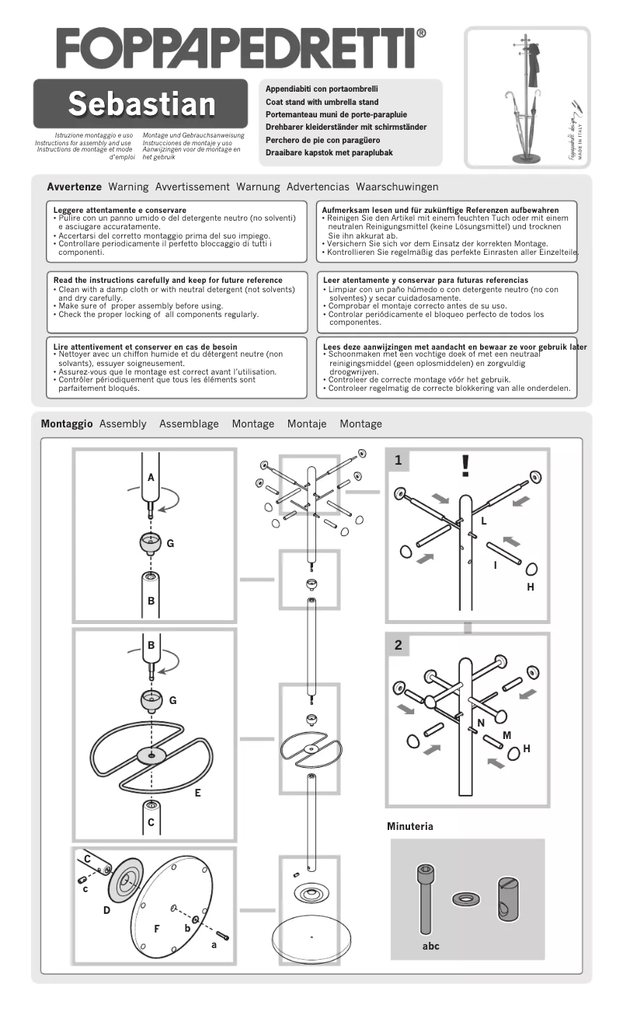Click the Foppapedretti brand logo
[241, 48]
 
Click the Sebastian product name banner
[141, 104]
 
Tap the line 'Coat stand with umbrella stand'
[322, 102]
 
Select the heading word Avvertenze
[75, 187]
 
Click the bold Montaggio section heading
[67, 424]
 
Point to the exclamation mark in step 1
[465, 465]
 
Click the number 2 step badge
[398, 645]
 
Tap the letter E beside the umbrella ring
[198, 793]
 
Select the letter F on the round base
[157, 929]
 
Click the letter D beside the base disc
[107, 910]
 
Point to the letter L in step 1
[483, 521]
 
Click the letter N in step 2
[481, 723]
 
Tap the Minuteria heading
[410, 827]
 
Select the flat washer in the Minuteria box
[465, 899]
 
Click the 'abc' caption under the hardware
[431, 947]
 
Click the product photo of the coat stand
[528, 97]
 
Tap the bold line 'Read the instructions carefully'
[168, 280]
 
